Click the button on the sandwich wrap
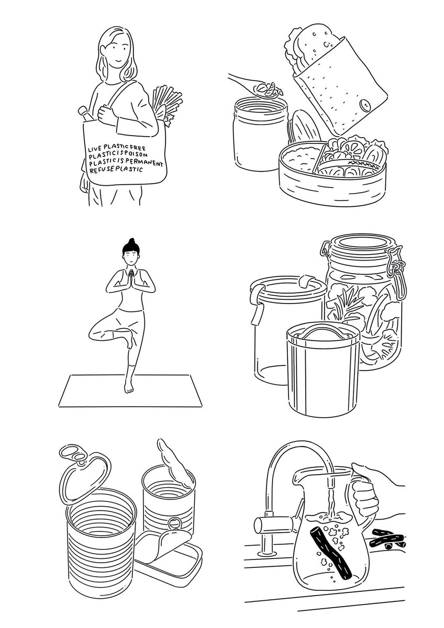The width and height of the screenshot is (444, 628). point(364,105)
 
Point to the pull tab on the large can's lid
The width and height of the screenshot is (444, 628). point(73,454)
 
